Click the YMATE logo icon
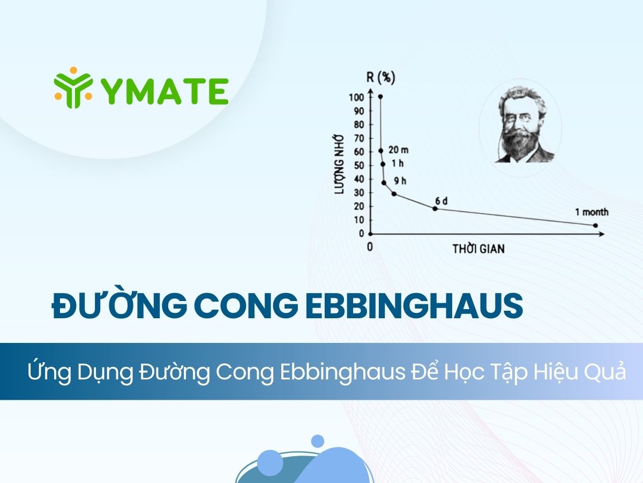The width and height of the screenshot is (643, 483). coord(72,87)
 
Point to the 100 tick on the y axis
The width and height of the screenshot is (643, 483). coord(357,97)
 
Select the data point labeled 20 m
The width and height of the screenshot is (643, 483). coord(381,151)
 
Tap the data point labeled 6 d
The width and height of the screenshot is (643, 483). coord(435,208)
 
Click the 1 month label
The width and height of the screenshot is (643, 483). coord(592,212)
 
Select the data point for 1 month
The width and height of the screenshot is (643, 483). coord(595,225)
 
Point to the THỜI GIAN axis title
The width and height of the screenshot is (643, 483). coord(478,249)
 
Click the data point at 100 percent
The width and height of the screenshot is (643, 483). coord(380,97)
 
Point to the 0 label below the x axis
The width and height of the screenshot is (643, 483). coord(369,246)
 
